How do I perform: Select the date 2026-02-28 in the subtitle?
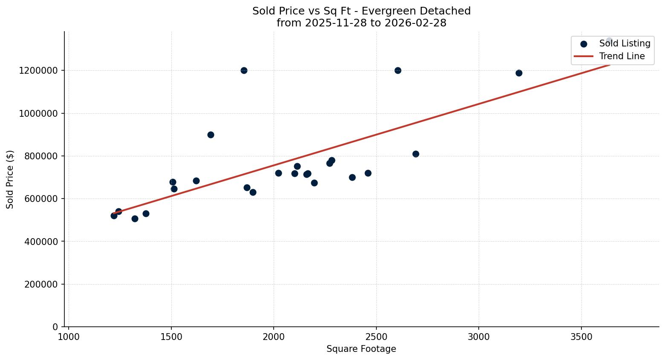pyautogui.click(x=415, y=23)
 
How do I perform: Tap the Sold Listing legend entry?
pyautogui.click(x=624, y=43)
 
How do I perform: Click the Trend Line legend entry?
pyautogui.click(x=622, y=56)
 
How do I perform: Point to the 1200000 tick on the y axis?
pyautogui.click(x=38, y=71)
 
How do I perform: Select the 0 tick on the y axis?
pyautogui.click(x=55, y=327)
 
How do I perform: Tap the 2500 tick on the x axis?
pyautogui.click(x=376, y=337)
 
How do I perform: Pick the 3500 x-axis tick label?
pyautogui.click(x=581, y=337)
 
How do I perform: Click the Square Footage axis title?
pyautogui.click(x=361, y=349)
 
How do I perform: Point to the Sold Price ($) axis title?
pyautogui.click(x=10, y=179)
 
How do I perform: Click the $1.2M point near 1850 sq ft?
pyautogui.click(x=244, y=70)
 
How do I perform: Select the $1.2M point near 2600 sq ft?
pyautogui.click(x=398, y=70)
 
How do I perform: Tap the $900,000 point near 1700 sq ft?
pyautogui.click(x=211, y=135)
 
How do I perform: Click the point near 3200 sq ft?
pyautogui.click(x=519, y=73)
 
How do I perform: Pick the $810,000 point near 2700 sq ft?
pyautogui.click(x=416, y=154)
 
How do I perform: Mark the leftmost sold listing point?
pyautogui.click(x=114, y=216)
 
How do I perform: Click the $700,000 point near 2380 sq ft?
pyautogui.click(x=352, y=177)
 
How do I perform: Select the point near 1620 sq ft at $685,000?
pyautogui.click(x=196, y=181)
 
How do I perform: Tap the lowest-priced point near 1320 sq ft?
pyautogui.click(x=135, y=219)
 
